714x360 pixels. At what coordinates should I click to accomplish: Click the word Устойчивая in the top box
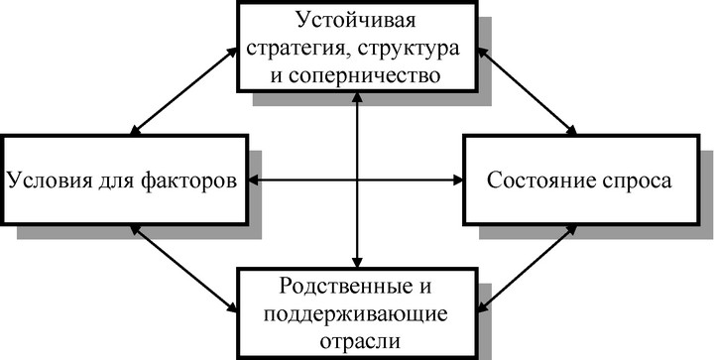356,22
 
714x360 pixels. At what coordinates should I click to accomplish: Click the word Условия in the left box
49,180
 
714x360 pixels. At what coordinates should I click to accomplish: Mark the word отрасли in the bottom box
360,341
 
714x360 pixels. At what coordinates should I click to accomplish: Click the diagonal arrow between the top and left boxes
183,91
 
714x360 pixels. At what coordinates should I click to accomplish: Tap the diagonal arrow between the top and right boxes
527,91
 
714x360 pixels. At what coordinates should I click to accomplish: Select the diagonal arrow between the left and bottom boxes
183,269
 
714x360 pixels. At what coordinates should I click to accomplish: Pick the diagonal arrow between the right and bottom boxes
527,269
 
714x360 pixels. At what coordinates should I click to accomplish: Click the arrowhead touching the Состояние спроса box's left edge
457,180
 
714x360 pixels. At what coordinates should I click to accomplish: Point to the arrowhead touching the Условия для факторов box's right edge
254,180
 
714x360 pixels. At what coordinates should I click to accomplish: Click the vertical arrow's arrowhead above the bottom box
357,263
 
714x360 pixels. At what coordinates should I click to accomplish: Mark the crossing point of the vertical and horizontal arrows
357,180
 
